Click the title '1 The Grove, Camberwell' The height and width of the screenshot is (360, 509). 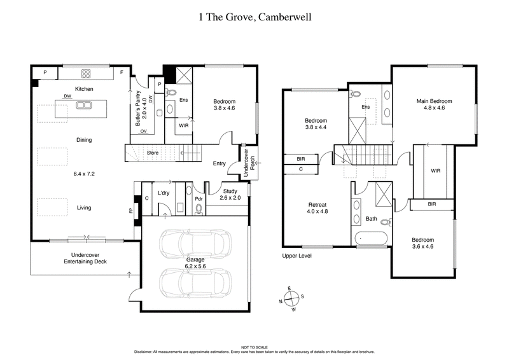pyautogui.click(x=254, y=17)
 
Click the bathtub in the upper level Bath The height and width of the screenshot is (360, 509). pyautogui.click(x=371, y=239)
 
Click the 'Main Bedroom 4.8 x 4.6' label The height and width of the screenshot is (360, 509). pyautogui.click(x=434, y=105)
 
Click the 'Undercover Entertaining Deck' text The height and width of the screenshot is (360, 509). pyautogui.click(x=83, y=259)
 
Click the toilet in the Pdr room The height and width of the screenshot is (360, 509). pyautogui.click(x=199, y=207)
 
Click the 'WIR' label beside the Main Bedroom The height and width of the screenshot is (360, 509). pyautogui.click(x=435, y=170)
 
